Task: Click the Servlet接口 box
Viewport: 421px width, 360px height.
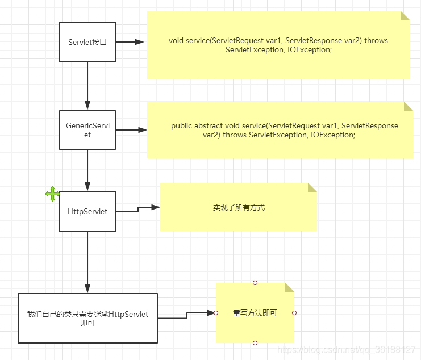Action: (x=87, y=42)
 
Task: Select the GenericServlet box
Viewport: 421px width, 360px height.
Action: (x=87, y=130)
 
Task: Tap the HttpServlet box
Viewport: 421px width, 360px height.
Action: (x=87, y=211)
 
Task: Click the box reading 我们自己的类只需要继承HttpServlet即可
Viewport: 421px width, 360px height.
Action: (x=87, y=318)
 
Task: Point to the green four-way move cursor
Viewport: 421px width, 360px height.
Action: (x=52, y=194)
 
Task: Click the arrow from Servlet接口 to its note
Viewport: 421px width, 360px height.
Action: (x=131, y=42)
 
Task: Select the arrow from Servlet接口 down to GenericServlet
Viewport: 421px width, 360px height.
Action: (x=87, y=85)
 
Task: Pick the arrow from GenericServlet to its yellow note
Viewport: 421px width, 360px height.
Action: (x=131, y=130)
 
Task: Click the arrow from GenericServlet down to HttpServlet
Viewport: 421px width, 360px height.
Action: (x=87, y=170)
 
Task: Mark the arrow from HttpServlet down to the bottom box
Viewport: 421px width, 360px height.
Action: (x=87, y=261)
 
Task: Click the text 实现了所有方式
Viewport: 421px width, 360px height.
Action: (x=239, y=208)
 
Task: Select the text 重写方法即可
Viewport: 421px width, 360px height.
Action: (x=255, y=313)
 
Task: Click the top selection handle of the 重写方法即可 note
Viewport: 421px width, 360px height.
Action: (x=255, y=282)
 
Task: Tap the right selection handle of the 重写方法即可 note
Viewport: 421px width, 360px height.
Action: (x=294, y=313)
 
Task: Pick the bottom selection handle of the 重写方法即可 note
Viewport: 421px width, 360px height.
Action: (x=255, y=343)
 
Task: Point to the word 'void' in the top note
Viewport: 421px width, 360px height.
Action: (x=176, y=41)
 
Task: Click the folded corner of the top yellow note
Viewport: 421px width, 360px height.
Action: (x=405, y=16)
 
